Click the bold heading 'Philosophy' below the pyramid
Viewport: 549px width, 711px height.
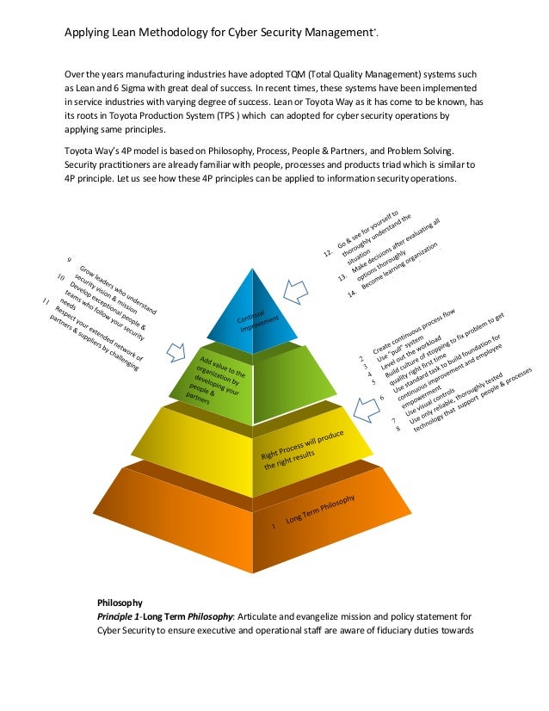(x=120, y=603)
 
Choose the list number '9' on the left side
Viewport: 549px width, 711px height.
(x=70, y=260)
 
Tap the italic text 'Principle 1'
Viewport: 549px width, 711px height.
(x=118, y=618)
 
